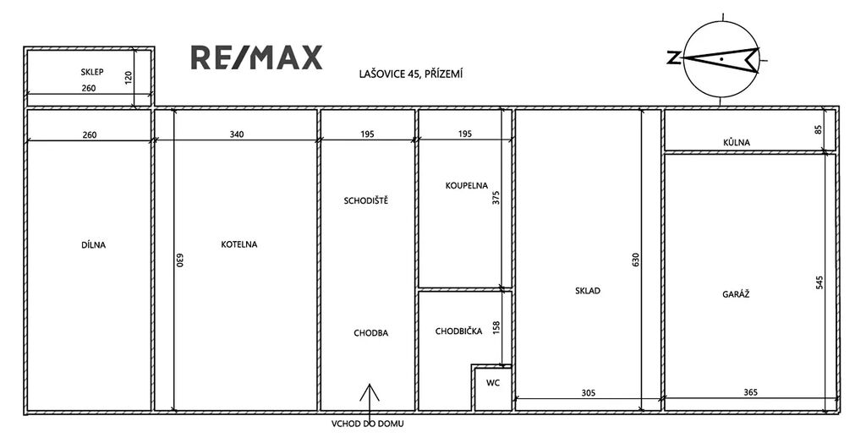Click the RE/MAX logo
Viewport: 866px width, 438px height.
256,58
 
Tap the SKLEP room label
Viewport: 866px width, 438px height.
92,72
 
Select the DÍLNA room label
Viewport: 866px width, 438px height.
93,244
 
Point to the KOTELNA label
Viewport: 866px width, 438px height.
239,244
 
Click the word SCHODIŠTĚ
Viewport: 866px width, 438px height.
365,200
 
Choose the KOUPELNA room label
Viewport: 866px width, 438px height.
467,185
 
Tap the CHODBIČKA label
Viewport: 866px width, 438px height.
458,331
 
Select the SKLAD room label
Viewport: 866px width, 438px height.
588,291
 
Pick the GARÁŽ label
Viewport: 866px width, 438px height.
736,294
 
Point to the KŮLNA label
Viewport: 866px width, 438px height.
737,142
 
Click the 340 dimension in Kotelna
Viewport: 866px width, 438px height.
237,134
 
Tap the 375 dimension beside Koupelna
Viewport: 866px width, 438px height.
496,199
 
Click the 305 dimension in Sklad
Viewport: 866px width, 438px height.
589,392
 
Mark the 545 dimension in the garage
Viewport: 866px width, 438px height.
819,282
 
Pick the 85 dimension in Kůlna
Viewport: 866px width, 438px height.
819,129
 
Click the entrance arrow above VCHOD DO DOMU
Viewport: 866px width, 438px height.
370,402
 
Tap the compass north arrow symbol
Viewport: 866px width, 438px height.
721,58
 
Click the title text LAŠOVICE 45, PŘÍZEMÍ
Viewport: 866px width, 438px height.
411,74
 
